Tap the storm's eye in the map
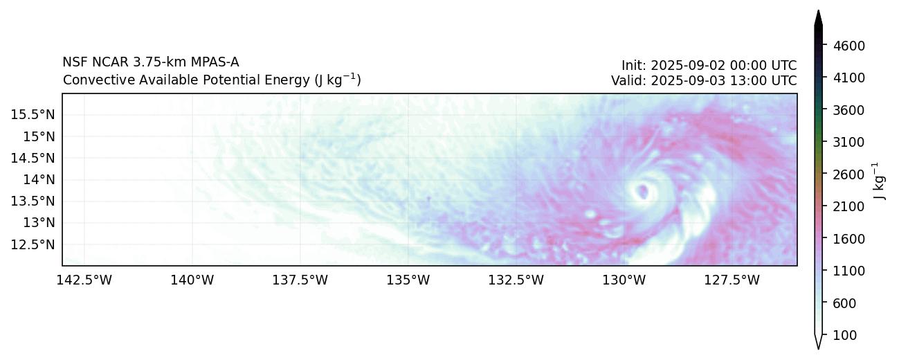pyautogui.click(x=643, y=191)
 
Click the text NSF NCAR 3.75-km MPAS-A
pyautogui.click(x=151, y=62)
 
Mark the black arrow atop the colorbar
pyautogui.click(x=818, y=19)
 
